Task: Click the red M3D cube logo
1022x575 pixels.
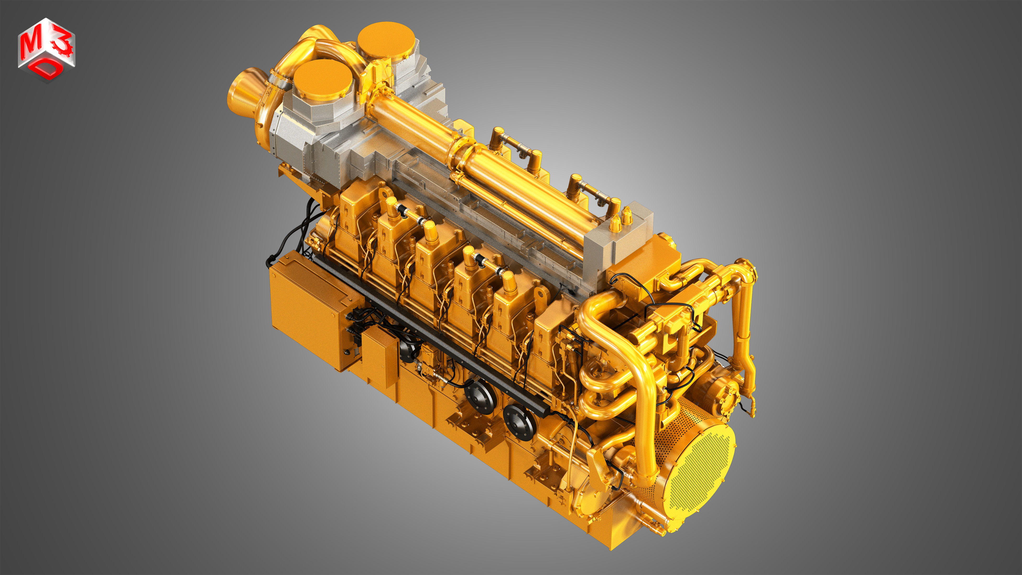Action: [46, 50]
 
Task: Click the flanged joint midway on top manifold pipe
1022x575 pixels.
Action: [462, 153]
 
